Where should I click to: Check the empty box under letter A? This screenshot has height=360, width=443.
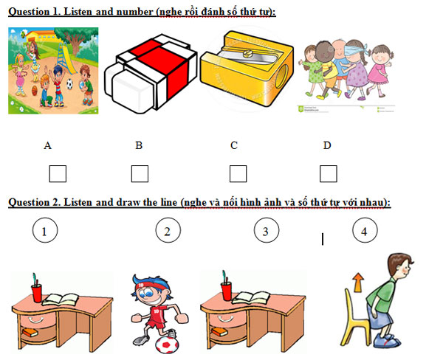[57, 174]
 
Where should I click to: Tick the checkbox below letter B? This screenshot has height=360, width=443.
[140, 174]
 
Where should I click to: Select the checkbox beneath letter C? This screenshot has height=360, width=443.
[238, 174]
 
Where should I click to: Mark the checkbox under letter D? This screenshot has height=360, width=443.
[329, 174]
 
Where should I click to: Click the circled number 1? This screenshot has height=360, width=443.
[45, 232]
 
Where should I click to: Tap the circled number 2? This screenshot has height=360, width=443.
[168, 232]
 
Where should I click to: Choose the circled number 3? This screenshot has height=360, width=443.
[266, 232]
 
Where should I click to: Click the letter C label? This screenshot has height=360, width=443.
[233, 145]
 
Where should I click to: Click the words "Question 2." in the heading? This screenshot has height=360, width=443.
[33, 201]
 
